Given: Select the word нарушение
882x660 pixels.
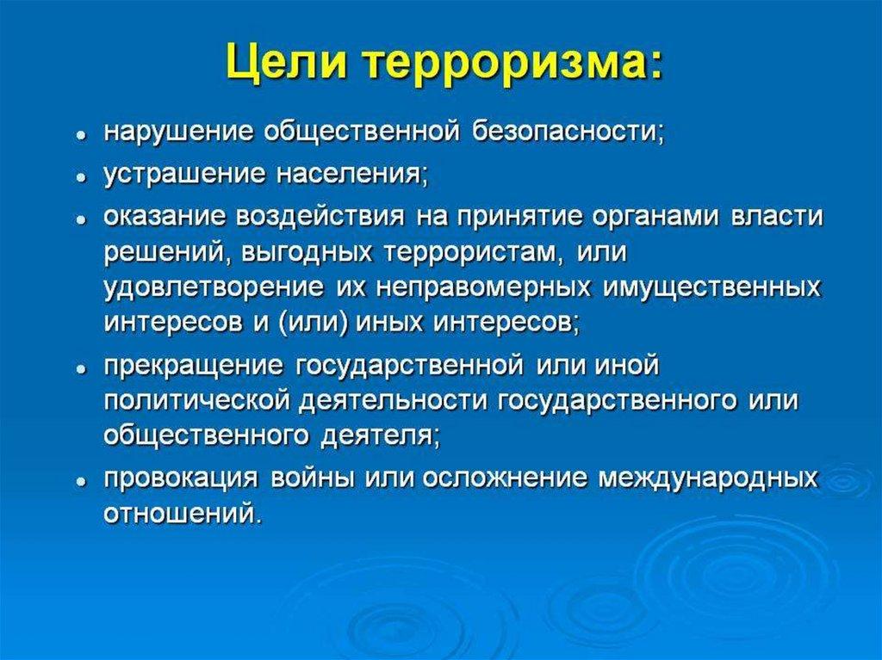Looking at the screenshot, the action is [177, 133].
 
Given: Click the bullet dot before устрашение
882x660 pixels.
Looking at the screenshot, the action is [82, 177].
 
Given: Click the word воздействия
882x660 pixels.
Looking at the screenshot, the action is [320, 217].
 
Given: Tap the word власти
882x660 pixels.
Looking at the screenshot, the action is [776, 217].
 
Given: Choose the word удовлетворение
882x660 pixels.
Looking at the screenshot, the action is [214, 288].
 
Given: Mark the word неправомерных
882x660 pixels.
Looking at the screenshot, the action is [483, 288].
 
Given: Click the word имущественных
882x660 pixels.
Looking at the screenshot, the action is [711, 288].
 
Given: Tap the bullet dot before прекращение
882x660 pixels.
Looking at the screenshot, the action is [82, 369].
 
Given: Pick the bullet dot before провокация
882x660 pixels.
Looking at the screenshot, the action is [82, 482].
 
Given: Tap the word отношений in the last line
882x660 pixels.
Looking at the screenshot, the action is [183, 514].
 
